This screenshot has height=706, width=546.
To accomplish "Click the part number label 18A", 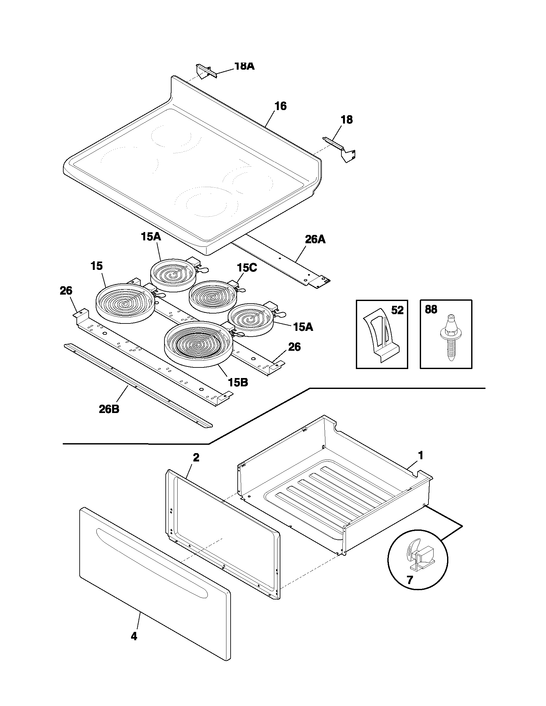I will [x=244, y=66].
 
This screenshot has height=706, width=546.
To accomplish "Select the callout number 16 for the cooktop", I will [x=280, y=106].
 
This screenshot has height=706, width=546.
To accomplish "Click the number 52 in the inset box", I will [x=397, y=310].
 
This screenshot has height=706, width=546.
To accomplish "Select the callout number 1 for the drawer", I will [x=420, y=456].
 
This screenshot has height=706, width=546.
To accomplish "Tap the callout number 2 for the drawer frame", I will [x=196, y=458].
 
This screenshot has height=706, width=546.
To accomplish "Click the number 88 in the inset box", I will [x=431, y=309].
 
